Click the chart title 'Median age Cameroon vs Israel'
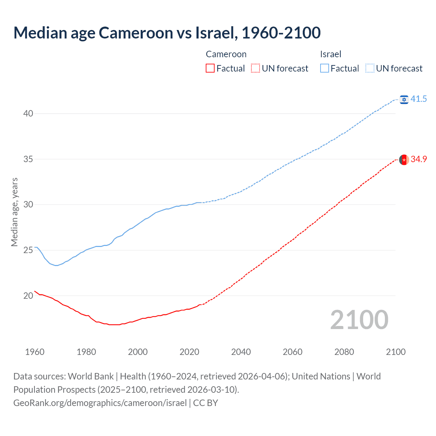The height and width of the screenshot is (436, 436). pos(167,33)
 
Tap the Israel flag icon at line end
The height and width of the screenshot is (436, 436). pos(404,99)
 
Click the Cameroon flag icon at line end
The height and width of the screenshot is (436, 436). pos(404,159)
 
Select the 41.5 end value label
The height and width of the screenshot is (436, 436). pos(419,99)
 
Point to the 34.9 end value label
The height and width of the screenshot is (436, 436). pos(419,159)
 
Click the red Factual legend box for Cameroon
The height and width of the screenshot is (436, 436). pos(210,68)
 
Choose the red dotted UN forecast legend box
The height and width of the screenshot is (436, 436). pos(255,68)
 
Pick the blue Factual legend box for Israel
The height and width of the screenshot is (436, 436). pos(324,68)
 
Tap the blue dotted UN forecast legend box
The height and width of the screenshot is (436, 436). pos(370,68)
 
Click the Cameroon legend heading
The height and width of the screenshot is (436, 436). pos(226,54)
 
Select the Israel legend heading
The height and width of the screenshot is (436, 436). pos(330,54)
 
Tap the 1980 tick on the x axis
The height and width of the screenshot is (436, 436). pos(86,352)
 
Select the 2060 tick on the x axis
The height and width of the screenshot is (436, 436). pos(293,352)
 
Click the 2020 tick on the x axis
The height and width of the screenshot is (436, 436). pos(189,352)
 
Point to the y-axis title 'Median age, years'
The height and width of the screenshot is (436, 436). pos(14,212)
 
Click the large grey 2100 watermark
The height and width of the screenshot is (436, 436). pos(359,320)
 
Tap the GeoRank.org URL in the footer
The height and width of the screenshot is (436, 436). pos(100,403)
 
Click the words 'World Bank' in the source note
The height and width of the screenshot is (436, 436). pos(91,376)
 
